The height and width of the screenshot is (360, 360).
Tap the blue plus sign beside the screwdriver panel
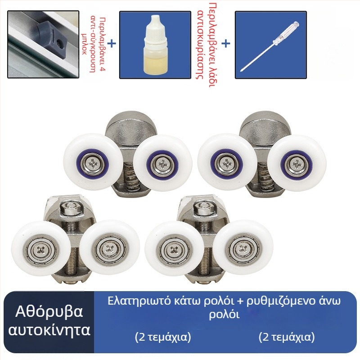click(x=226, y=44)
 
